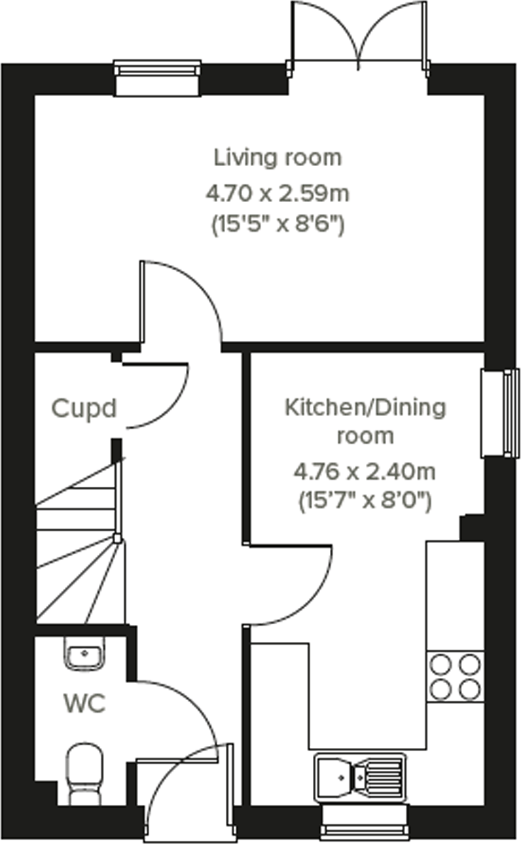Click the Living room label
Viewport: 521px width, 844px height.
[x=277, y=158]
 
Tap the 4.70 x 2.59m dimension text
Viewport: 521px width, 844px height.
[x=277, y=194]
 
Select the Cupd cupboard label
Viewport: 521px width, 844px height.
[x=84, y=409]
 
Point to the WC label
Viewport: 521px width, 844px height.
[x=84, y=704]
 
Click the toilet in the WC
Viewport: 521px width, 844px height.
[x=84, y=772]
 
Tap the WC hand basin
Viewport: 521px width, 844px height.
[x=84, y=653]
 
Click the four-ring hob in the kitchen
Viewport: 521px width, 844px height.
[x=455, y=677]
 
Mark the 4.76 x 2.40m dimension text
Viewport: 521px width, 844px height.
[x=365, y=471]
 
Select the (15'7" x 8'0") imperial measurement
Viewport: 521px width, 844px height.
[x=365, y=501]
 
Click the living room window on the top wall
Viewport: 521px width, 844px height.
[x=158, y=78]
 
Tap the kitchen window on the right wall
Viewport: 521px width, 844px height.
[x=500, y=412]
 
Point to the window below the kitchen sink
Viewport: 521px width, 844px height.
[x=365, y=822]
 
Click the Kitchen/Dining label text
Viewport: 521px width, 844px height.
[x=365, y=408]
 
